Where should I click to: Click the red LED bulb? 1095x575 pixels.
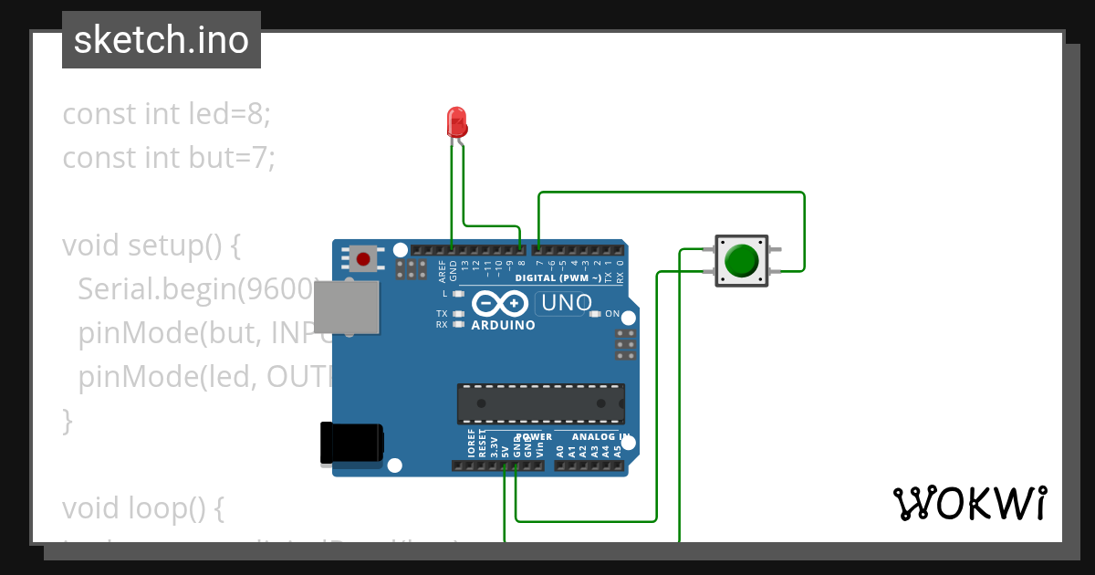point(456,122)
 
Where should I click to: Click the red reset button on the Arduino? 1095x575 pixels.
point(363,259)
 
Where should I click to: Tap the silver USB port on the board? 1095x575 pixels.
point(347,306)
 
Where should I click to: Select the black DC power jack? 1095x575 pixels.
point(351,444)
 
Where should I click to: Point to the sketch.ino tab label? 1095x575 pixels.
point(162,40)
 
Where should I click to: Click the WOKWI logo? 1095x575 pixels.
point(969,503)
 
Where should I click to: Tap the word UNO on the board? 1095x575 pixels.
point(566,302)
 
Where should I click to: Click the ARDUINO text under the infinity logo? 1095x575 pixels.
point(503,325)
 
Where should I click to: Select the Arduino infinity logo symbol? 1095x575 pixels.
point(500,303)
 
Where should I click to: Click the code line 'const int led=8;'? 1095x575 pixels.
point(167,114)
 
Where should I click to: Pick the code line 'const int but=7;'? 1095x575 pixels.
point(169,158)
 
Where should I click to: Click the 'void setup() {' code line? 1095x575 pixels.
point(151,246)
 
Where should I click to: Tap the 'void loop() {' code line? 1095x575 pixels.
point(142,507)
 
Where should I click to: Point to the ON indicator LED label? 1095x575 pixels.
point(612,314)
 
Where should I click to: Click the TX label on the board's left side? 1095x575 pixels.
point(442,313)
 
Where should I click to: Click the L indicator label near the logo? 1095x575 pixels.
point(444,294)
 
